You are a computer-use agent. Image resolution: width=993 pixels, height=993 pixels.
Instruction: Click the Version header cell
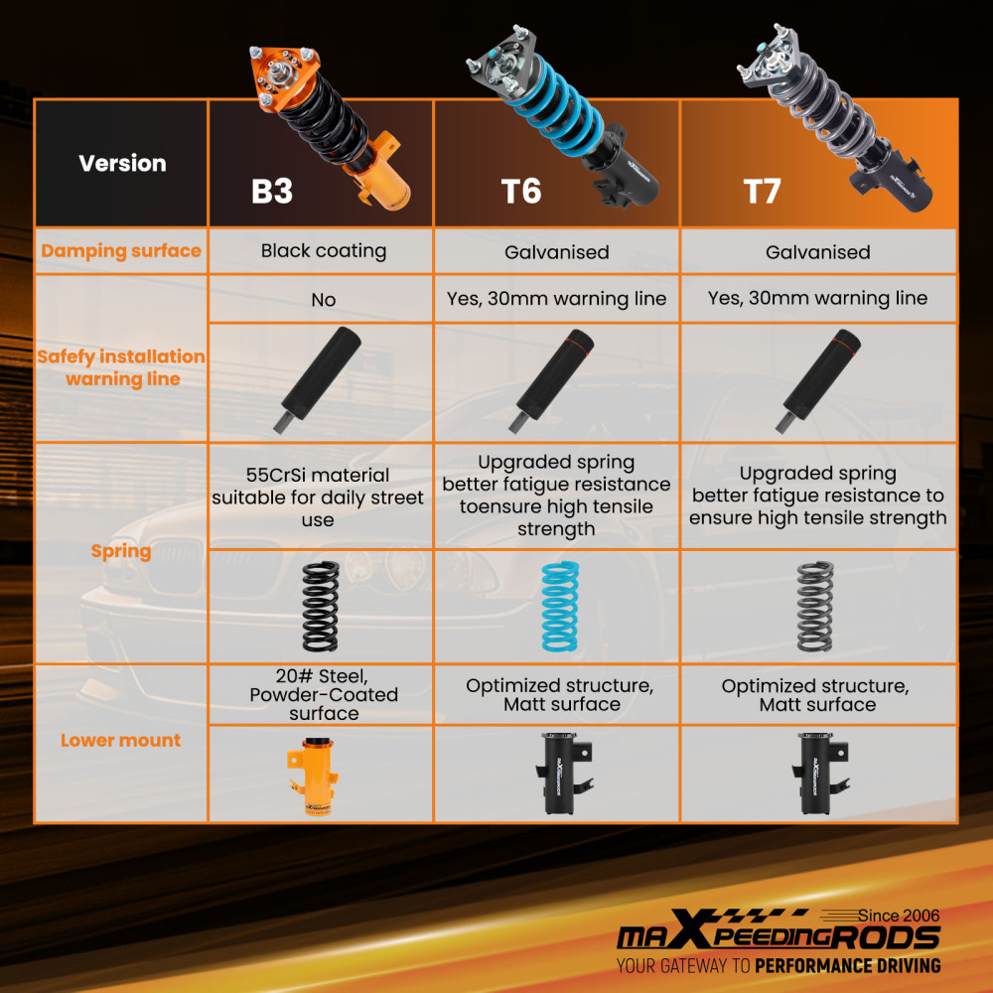(x=122, y=164)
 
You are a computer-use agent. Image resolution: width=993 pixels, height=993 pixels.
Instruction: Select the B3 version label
(x=272, y=191)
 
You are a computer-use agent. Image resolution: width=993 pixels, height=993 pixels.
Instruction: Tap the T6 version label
(x=520, y=191)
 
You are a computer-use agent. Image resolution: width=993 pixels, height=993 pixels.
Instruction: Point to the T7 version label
(x=762, y=191)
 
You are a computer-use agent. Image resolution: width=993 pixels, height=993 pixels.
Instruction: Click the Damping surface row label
(x=121, y=251)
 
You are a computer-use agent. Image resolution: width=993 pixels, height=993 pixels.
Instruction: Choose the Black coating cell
(x=324, y=251)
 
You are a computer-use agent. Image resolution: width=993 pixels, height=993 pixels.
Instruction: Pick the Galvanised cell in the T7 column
(x=817, y=252)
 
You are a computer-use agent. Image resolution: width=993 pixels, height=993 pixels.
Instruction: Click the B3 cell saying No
(x=323, y=300)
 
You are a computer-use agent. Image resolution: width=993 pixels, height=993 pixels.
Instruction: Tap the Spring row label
(x=121, y=551)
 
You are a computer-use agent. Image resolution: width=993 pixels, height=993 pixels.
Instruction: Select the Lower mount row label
(x=120, y=740)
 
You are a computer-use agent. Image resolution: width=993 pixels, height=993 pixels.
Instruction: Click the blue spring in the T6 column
(x=560, y=606)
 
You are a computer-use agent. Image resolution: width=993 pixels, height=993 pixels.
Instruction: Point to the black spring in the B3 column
(x=321, y=606)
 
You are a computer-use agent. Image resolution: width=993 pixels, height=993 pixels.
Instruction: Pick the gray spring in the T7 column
(x=815, y=606)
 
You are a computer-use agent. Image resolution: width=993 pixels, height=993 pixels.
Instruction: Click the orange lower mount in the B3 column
(x=315, y=776)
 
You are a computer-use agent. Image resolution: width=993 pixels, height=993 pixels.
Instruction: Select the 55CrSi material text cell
(x=318, y=497)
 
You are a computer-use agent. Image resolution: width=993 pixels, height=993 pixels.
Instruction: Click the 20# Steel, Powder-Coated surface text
(x=324, y=695)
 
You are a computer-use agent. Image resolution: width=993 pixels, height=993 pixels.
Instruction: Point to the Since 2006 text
(x=899, y=916)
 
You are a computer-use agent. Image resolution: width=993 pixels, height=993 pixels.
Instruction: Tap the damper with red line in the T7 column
(x=817, y=381)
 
